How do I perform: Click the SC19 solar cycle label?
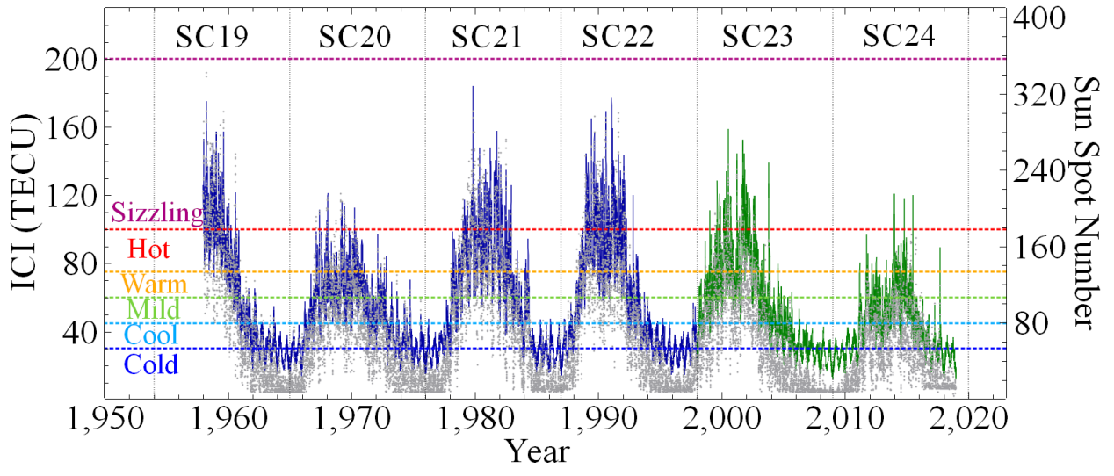(211, 37)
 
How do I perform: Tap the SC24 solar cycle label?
(899, 37)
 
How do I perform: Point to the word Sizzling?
(157, 213)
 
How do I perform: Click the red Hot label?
(149, 249)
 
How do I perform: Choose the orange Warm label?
(154, 285)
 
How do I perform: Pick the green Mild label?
(153, 309)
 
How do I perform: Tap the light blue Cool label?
(151, 335)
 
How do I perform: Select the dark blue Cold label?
(151, 364)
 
